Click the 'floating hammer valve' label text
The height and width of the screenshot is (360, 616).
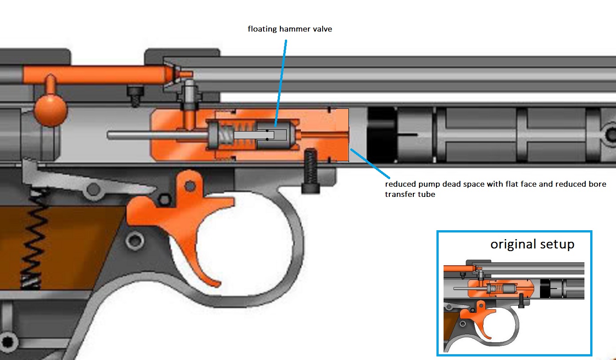[x=290, y=29]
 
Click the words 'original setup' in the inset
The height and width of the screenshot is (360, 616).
[x=532, y=244]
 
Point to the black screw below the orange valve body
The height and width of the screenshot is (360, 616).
[x=310, y=171]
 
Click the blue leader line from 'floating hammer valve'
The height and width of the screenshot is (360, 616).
[x=281, y=80]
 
